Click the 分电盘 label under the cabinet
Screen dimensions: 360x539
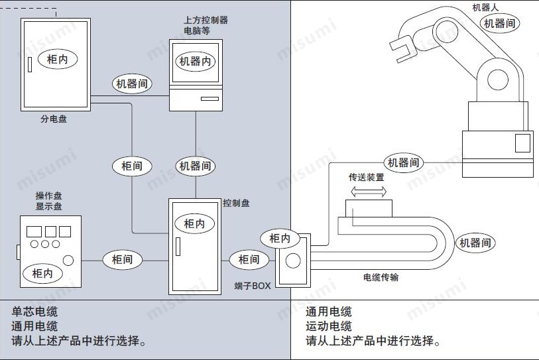point(53,119)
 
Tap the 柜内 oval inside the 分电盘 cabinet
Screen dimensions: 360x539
point(57,59)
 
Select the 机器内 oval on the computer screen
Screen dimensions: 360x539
point(196,61)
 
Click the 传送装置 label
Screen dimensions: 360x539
point(367,178)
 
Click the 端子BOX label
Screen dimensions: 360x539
point(253,285)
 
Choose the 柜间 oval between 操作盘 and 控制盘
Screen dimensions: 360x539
point(122,260)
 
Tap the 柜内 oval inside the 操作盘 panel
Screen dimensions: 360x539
point(42,272)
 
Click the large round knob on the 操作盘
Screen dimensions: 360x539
point(68,261)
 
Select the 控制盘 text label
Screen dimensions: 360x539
point(236,203)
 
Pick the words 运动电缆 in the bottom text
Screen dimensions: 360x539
point(329,326)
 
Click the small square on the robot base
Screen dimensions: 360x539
point(522,143)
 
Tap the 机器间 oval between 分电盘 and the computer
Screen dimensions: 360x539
point(133,84)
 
